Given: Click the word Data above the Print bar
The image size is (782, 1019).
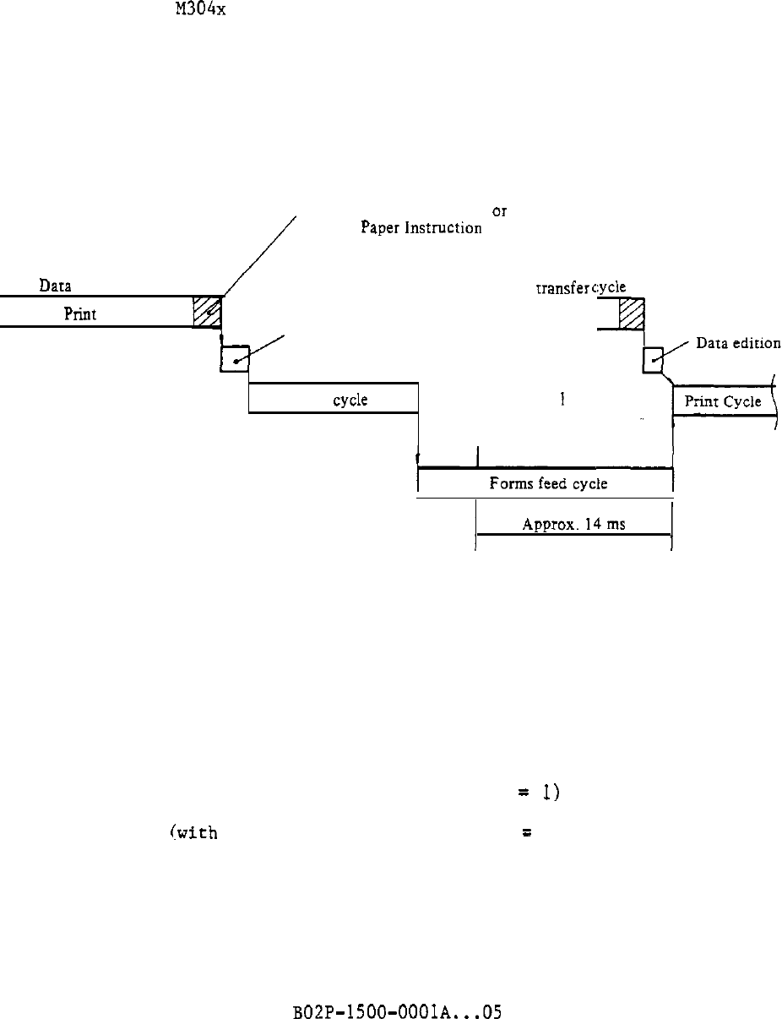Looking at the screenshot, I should point(54,286).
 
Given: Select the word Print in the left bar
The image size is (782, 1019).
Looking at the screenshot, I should point(81,313).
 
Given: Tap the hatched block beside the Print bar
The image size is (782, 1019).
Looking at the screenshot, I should point(207,312).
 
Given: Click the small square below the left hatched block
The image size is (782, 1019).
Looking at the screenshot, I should point(234,359).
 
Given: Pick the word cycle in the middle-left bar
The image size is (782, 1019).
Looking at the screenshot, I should point(350,400).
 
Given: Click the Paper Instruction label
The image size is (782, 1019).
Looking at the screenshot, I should point(421,228).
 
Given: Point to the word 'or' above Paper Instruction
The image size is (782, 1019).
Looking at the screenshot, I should point(499,210).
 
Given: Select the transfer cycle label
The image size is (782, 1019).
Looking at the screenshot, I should point(580,287).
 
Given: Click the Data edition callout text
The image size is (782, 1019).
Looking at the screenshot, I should point(738,343).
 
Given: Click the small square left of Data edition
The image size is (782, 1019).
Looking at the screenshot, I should point(652,359).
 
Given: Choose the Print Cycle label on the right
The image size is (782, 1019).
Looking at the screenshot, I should point(723,401).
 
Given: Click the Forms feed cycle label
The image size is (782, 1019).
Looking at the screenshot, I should point(548,484).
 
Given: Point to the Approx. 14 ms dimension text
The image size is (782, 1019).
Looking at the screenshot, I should point(573,524).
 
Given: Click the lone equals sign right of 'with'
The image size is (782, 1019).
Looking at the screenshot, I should point(525,833).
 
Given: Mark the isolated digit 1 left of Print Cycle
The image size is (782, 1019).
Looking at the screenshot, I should point(562,399).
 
